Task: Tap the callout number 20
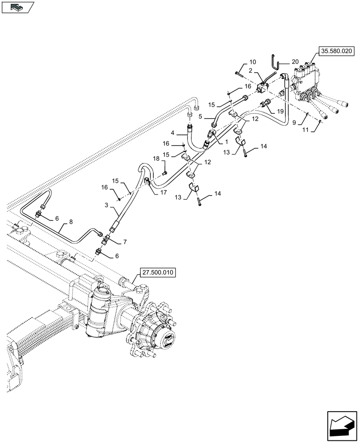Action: [295, 62]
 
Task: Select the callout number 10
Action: [252, 62]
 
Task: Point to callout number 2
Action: [250, 70]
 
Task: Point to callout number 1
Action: [226, 142]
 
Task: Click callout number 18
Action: [156, 158]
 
